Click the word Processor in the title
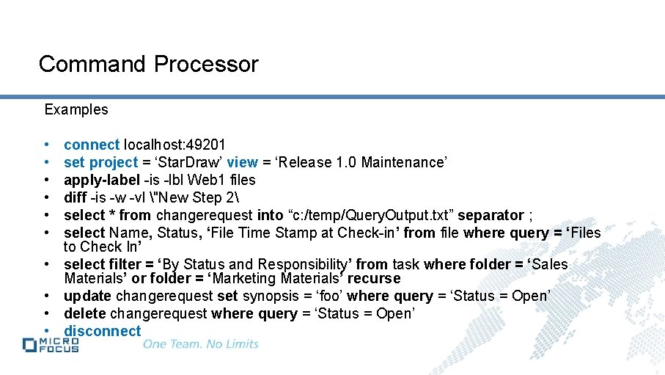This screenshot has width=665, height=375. pos(206,65)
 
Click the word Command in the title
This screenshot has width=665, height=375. pos(93,65)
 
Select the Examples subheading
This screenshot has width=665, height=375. pos(76,109)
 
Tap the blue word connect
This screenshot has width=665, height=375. pos(92,145)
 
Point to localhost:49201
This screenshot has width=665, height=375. pos(174,145)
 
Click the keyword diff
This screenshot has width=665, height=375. pos(75,197)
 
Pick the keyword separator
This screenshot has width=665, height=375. pos(491,215)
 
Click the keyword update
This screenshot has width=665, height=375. pos(87,296)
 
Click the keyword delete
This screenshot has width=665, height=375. pos(85,313)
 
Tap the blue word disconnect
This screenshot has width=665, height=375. pos(102,331)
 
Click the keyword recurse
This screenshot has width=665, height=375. pos(374,278)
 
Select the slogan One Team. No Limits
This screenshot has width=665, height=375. pos(201,343)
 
